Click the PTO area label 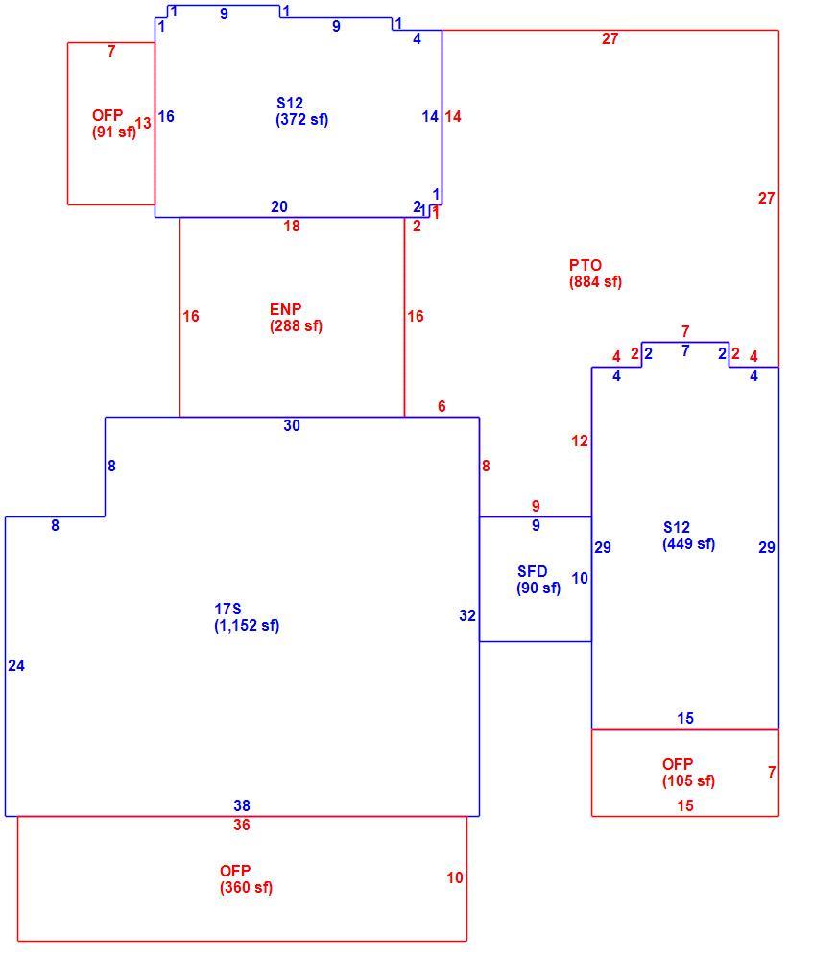pyautogui.click(x=586, y=265)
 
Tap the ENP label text pyautogui.click(x=285, y=309)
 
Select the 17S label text pyautogui.click(x=227, y=610)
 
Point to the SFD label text pyautogui.click(x=532, y=572)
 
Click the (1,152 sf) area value pyautogui.click(x=247, y=626)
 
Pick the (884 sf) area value pyautogui.click(x=596, y=282)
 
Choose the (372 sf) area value pyautogui.click(x=301, y=119)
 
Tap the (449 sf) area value pyautogui.click(x=689, y=543)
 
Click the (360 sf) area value pyautogui.click(x=246, y=888)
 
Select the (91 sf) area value pyautogui.click(x=114, y=132)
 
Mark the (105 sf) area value pyautogui.click(x=689, y=781)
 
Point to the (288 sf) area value pyautogui.click(x=297, y=325)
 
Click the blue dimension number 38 pyautogui.click(x=242, y=805)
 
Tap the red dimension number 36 pyautogui.click(x=242, y=826)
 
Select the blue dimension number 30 pyautogui.click(x=292, y=425)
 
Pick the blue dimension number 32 pyautogui.click(x=467, y=616)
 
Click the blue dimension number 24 pyautogui.click(x=16, y=666)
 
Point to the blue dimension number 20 pyautogui.click(x=279, y=207)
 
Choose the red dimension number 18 pyautogui.click(x=292, y=227)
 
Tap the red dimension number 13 pyautogui.click(x=143, y=124)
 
